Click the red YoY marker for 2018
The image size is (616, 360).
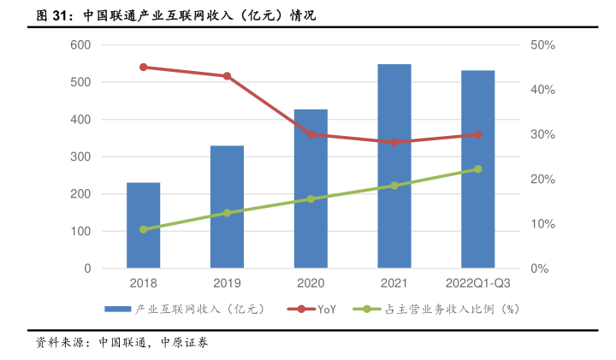[143, 67]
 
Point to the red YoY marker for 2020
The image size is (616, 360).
[311, 134]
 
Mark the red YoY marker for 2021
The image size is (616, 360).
[394, 142]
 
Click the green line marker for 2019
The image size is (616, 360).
[227, 213]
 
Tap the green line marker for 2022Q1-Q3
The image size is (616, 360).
[478, 169]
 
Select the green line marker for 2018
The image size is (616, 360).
[143, 230]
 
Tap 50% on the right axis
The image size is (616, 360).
[543, 44]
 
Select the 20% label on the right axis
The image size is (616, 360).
[543, 180]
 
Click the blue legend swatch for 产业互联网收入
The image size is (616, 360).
[118, 309]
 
